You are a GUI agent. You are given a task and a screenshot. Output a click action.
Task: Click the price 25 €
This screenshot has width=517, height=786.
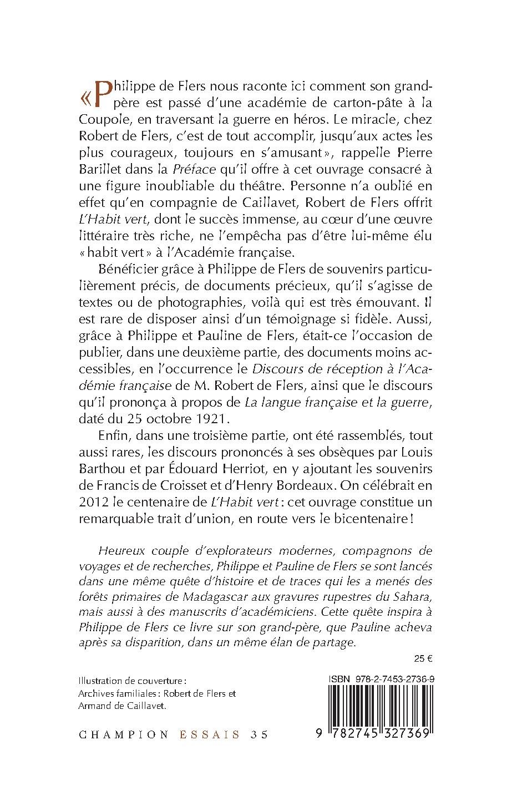click(x=423, y=660)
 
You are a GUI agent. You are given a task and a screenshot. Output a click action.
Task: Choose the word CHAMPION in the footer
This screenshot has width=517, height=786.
click(x=124, y=734)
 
